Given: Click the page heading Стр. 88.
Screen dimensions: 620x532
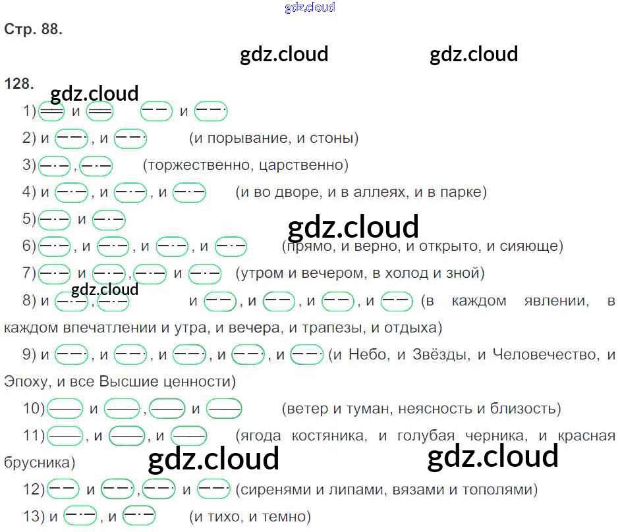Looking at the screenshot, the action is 34,30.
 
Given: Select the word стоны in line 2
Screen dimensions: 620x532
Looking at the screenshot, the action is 333,138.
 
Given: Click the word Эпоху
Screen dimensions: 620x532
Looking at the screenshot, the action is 26,381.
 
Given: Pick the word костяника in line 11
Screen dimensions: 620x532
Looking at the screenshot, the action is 328,435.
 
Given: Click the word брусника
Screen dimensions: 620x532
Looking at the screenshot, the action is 36,462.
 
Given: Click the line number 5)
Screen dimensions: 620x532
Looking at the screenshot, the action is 30,219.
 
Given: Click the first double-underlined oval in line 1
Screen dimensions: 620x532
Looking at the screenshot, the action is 51,112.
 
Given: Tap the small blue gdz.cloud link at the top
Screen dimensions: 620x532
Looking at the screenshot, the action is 310,7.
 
